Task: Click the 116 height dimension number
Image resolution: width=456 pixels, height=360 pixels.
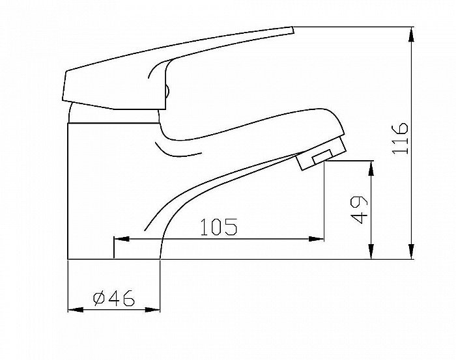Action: pyautogui.click(x=401, y=137)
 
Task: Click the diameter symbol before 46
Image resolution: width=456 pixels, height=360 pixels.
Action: pyautogui.click(x=100, y=299)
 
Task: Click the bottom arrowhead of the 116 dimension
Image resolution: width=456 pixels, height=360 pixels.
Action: pyautogui.click(x=411, y=255)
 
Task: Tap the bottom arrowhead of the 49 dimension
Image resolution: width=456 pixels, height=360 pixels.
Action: pyautogui.click(x=371, y=255)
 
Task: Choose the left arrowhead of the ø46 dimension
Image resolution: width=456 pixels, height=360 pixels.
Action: pyautogui.click(x=73, y=309)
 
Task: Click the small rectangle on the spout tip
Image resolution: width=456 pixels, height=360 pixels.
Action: pyautogui.click(x=324, y=156)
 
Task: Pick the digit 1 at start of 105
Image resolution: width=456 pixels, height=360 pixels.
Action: pyautogui.click(x=205, y=227)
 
